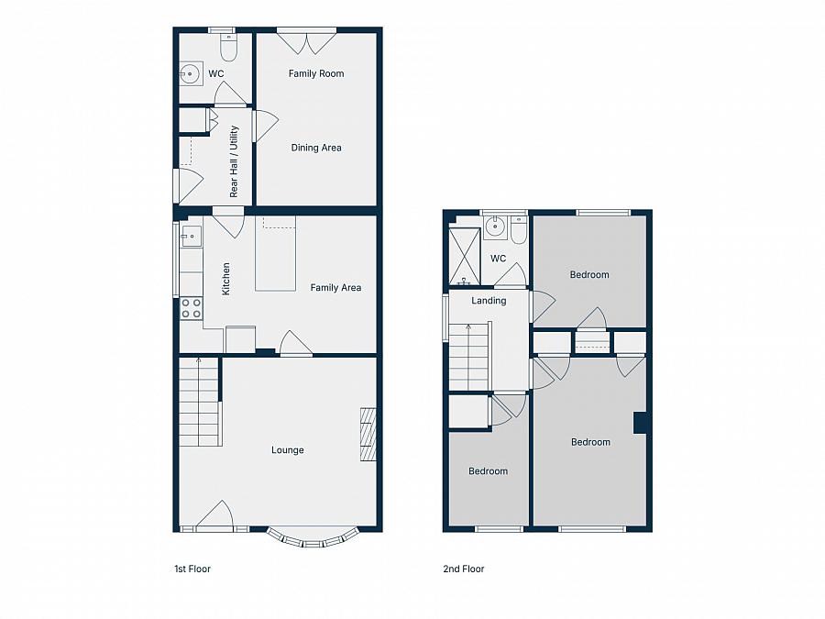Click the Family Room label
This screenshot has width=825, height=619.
(x=316, y=73)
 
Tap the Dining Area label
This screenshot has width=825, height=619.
(x=316, y=148)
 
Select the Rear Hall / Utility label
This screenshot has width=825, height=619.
(x=234, y=161)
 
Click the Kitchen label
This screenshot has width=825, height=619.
(x=226, y=279)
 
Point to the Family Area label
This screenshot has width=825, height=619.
(x=335, y=288)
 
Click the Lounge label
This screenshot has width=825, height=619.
(x=287, y=450)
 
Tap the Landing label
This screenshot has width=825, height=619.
(x=489, y=301)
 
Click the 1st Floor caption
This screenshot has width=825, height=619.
(x=192, y=569)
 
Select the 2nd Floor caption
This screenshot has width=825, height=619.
(x=464, y=569)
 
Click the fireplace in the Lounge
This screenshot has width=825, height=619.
(x=368, y=435)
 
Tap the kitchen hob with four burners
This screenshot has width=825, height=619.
(x=192, y=308)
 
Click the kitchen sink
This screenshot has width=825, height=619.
(x=192, y=238)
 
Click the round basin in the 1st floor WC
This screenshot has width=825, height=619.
(x=191, y=72)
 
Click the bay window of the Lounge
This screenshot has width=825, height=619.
(x=312, y=539)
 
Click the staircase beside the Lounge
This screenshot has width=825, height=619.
(x=200, y=402)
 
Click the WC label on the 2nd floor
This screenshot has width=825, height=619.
(x=498, y=259)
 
